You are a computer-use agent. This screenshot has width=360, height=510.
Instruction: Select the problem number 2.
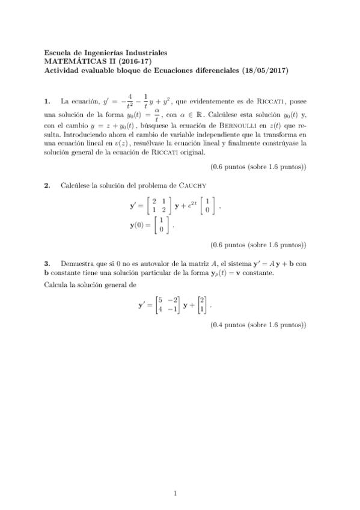tap(48, 185)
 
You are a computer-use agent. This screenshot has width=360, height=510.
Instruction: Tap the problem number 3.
tap(48, 263)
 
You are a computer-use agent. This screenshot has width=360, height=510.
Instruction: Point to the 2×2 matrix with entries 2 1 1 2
tap(159, 206)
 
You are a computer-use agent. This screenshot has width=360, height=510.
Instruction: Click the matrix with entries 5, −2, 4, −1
tap(168, 305)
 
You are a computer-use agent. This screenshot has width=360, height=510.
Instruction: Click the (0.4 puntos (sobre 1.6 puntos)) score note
tap(258, 325)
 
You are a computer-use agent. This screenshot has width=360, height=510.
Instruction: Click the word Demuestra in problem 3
tap(77, 263)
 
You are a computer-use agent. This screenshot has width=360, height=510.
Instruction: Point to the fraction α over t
tap(156, 114)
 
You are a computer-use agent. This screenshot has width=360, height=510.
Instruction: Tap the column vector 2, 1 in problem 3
tap(203, 305)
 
